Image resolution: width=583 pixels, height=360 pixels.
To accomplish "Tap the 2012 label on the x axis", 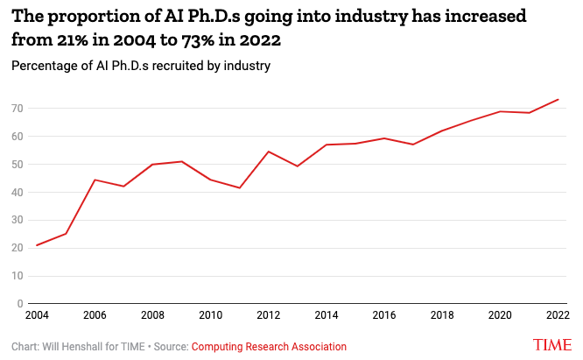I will (268, 315).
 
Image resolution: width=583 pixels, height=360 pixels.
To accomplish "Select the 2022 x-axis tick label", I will (558, 315).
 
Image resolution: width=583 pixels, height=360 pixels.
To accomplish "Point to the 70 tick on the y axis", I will (18, 109).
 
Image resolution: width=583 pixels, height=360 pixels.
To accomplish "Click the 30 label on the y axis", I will (18, 220).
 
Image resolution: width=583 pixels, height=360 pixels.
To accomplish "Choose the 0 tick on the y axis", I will (20, 304).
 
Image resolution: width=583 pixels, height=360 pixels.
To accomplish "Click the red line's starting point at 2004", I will (37, 245).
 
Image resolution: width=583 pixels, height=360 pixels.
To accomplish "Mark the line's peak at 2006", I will (95, 180).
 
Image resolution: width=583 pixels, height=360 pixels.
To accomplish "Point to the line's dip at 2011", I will (239, 188).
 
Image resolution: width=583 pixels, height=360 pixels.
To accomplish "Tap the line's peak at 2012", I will (268, 152).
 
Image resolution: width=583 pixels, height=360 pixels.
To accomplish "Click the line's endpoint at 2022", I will (558, 100).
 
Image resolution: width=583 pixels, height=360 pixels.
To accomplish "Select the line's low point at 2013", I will (298, 166).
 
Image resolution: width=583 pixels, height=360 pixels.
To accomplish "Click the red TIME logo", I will (554, 344).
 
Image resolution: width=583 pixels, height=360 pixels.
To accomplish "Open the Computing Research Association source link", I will (269, 347).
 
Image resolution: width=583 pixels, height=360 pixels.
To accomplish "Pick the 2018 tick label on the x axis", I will (442, 315).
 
